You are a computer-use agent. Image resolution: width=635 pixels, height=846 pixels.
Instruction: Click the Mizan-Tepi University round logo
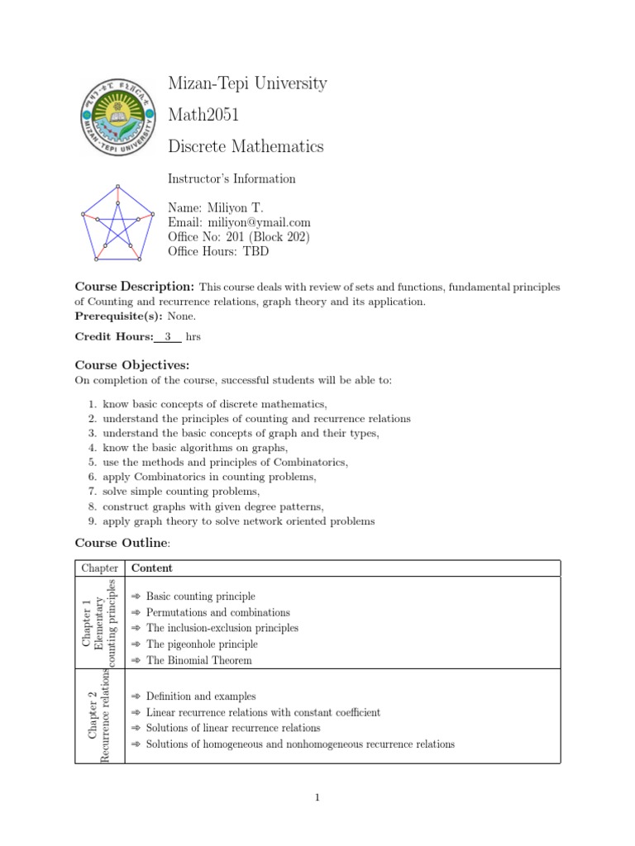[x=117, y=117]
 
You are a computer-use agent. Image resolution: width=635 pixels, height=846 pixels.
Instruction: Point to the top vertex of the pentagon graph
[x=117, y=186]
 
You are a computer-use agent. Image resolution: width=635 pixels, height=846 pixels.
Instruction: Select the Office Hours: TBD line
[x=218, y=252]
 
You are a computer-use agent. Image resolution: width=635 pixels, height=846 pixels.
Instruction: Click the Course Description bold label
[x=135, y=287]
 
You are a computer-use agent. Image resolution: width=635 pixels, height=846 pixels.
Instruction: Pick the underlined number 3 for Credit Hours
[x=168, y=337]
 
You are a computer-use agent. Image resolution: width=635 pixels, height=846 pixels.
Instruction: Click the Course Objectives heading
[x=132, y=364]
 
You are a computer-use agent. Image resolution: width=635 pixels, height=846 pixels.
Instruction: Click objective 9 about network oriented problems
[x=238, y=521]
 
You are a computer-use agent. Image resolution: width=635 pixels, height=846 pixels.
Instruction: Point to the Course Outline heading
[x=122, y=543]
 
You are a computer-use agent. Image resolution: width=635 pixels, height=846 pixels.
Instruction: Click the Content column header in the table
[x=151, y=568]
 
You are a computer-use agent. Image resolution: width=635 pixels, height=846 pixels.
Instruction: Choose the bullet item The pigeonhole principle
[x=202, y=644]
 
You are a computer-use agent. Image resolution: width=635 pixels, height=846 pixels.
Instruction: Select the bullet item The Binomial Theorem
[x=198, y=660]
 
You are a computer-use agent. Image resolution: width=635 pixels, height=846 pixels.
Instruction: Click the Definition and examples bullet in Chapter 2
[x=201, y=696]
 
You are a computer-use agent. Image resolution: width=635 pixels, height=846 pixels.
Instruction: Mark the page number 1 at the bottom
[x=317, y=797]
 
